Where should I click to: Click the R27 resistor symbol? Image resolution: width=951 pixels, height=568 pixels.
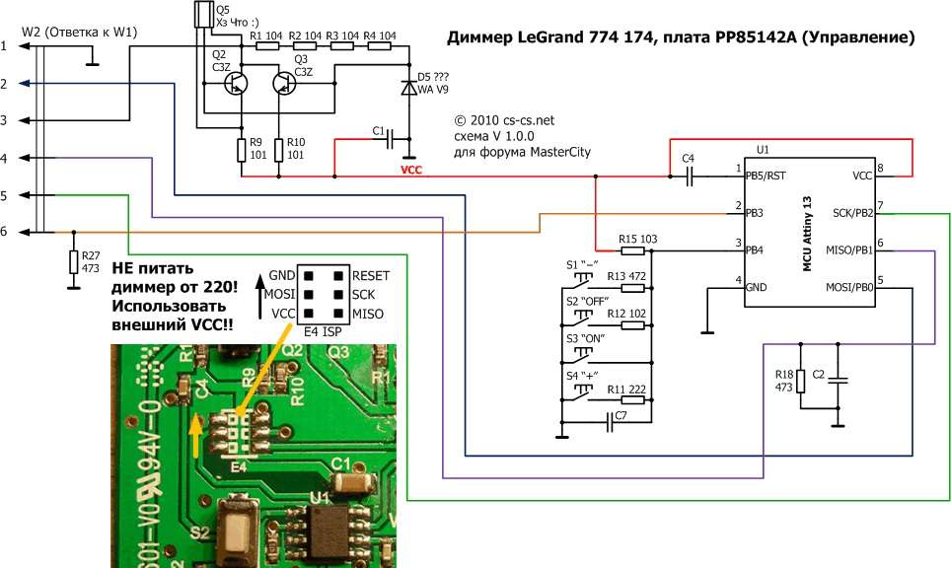[73, 261]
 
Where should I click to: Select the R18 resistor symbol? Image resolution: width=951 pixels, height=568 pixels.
[800, 380]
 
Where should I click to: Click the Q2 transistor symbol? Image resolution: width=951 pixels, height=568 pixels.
[237, 84]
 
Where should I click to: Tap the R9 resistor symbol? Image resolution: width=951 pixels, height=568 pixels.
[241, 151]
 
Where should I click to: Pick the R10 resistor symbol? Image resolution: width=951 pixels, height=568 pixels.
[279, 151]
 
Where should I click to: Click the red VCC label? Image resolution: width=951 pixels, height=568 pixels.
[412, 169]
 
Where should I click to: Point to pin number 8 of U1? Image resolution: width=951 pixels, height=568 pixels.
[880, 168]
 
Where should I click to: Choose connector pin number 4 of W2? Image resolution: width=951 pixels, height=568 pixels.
[5, 159]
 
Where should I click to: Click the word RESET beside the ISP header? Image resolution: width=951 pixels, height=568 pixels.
[370, 275]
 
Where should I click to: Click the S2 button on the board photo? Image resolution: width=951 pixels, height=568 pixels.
[235, 528]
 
